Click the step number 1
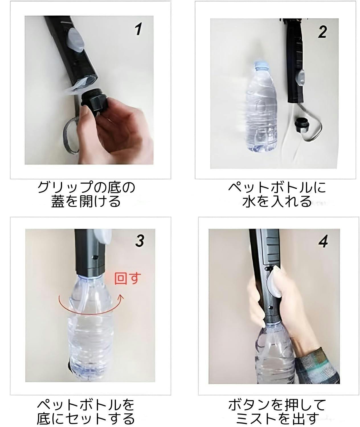coord(138,29)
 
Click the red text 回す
coord(128,279)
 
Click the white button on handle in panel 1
coord(76,41)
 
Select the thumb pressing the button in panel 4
coord(274,282)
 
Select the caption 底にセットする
coord(86,419)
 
